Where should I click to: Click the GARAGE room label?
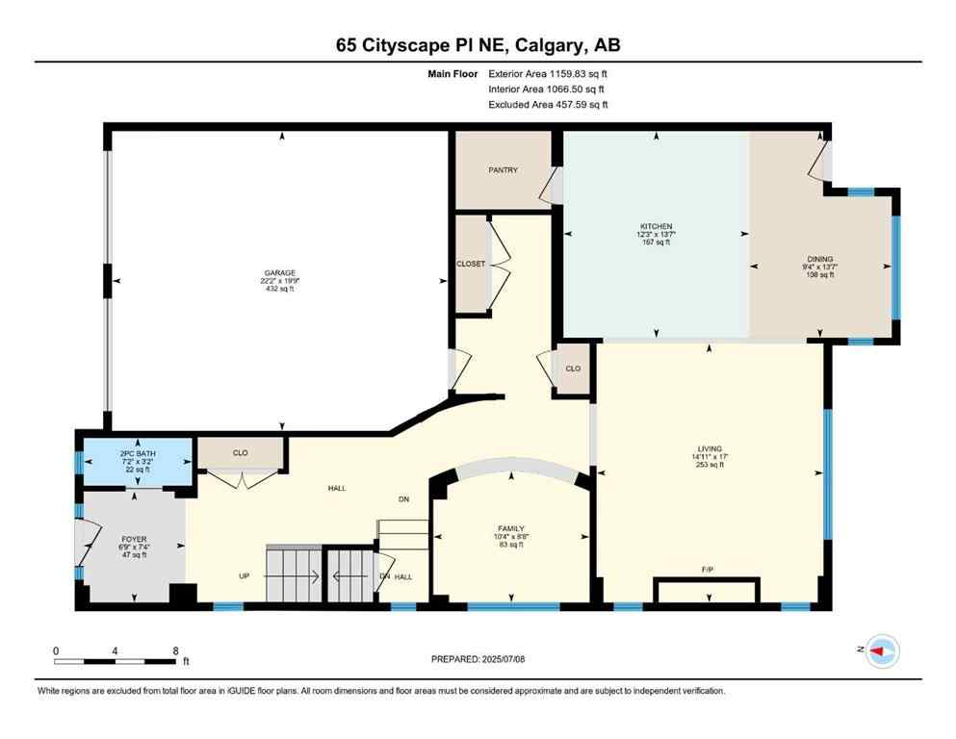click(x=281, y=272)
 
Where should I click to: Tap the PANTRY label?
click(x=503, y=170)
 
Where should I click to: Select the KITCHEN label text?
click(x=657, y=226)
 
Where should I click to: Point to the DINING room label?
click(x=820, y=258)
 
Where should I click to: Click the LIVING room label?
click(x=710, y=448)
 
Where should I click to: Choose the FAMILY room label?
click(x=510, y=528)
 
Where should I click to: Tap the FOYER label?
click(x=133, y=539)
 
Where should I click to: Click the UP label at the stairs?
click(x=245, y=576)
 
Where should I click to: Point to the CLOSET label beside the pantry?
click(x=471, y=264)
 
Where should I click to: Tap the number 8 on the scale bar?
click(x=175, y=650)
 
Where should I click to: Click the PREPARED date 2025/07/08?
click(x=478, y=659)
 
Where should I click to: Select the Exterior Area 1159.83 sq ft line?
click(x=548, y=73)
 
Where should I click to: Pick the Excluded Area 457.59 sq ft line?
click(x=548, y=105)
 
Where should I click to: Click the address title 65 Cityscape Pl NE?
click(x=478, y=45)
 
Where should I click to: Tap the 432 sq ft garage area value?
click(x=281, y=289)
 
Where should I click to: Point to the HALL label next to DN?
click(x=403, y=576)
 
